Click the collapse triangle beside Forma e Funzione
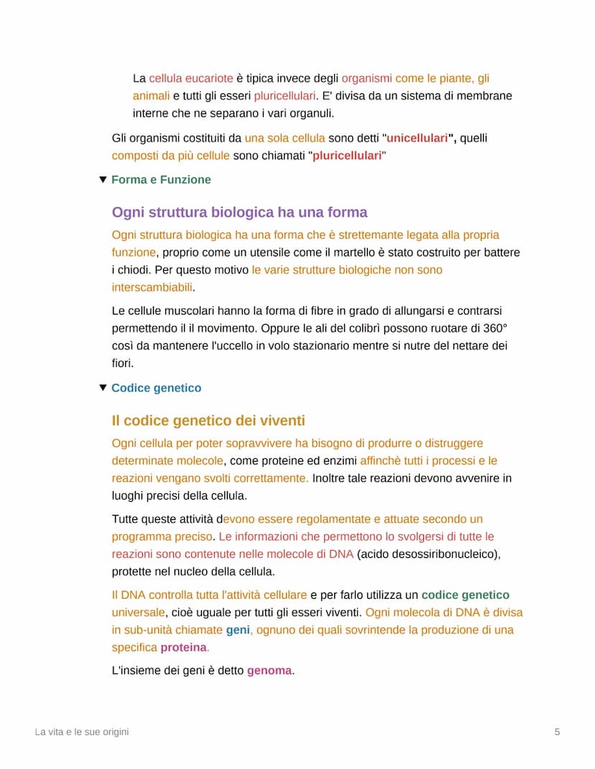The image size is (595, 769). (x=103, y=180)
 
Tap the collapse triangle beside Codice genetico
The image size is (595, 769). (x=103, y=388)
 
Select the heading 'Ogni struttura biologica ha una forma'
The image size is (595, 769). (x=239, y=213)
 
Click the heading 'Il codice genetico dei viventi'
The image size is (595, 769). (x=208, y=421)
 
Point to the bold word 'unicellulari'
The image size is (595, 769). (x=417, y=138)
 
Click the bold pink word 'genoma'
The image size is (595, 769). (x=269, y=671)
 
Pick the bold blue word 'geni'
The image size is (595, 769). (x=237, y=630)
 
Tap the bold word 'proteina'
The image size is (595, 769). (x=183, y=648)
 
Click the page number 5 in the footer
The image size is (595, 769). (x=557, y=732)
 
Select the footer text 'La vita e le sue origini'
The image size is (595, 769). (x=82, y=732)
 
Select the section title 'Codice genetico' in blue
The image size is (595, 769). (x=156, y=388)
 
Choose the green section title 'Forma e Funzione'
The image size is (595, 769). (x=161, y=180)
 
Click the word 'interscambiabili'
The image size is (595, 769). (x=152, y=287)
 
